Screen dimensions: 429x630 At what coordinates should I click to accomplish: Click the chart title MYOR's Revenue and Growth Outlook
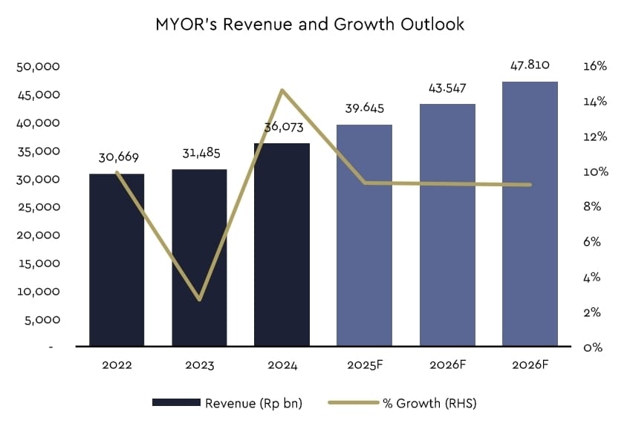(x=310, y=24)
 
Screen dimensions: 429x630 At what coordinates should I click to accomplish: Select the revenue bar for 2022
(x=117, y=260)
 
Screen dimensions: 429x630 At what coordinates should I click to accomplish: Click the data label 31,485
(x=201, y=154)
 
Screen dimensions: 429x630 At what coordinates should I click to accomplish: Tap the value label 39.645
(x=364, y=108)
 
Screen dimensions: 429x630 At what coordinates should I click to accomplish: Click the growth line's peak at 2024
(x=282, y=91)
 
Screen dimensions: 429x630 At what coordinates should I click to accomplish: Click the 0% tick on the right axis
(x=592, y=347)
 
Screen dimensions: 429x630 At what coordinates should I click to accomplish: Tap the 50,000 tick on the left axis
(x=38, y=67)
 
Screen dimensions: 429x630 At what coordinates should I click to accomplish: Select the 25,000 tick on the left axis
(x=38, y=207)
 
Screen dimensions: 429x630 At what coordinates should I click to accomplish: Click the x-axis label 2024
(x=282, y=365)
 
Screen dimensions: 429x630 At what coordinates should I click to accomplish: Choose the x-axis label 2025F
(x=364, y=365)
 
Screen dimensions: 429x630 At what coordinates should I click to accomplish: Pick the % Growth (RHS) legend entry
(x=405, y=402)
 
